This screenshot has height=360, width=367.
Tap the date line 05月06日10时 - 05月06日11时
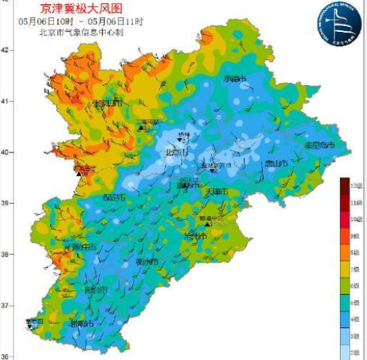click(81, 21)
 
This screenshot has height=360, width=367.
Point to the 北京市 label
click(176, 152)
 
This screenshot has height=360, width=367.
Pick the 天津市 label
click(215, 192)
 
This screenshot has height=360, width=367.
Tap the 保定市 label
click(114, 197)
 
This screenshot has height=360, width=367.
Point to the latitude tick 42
click(4, 50)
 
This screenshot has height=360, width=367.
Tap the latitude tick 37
click(4, 305)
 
